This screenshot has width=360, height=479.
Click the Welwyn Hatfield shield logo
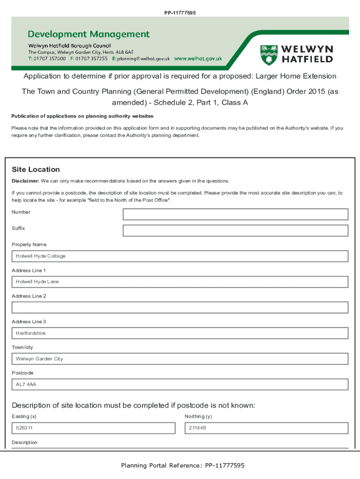[268, 54]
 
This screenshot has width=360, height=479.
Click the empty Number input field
[235, 214]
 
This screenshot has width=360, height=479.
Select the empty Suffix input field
[235, 231]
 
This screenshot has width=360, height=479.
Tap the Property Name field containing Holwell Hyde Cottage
[180, 256]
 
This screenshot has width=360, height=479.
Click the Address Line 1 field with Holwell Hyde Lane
[180, 282]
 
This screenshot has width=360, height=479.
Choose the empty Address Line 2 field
[180, 307]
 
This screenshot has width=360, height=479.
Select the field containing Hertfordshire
[180, 333]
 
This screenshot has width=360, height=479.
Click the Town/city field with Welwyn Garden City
[180, 359]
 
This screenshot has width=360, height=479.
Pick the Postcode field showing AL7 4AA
[180, 385]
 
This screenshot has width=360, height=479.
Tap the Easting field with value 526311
[94, 428]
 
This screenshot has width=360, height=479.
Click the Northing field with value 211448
[266, 428]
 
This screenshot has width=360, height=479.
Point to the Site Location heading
[36, 169]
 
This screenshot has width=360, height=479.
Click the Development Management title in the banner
[89, 34]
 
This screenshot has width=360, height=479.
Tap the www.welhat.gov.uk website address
[198, 59]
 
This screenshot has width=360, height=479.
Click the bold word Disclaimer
[25, 181]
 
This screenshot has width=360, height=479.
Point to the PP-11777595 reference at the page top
[180, 13]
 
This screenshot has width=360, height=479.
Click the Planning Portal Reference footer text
[182, 465]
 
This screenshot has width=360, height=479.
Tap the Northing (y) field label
[198, 416]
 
